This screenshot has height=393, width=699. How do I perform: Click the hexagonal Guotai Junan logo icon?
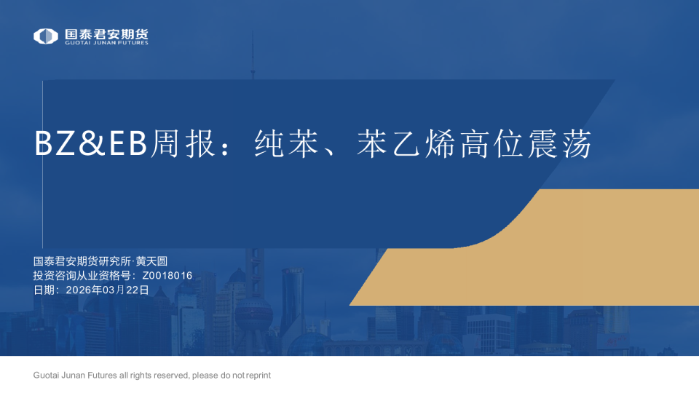point(45,36)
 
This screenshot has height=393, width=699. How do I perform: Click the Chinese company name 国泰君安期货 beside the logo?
point(106,33)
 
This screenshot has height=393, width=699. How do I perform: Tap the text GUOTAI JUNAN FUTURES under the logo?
point(106,43)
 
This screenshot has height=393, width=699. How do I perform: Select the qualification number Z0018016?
point(167,275)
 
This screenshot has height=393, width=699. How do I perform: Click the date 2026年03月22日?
point(107,290)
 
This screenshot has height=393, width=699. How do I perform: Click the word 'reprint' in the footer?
point(258,376)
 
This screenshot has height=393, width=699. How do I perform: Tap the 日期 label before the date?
point(44,290)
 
